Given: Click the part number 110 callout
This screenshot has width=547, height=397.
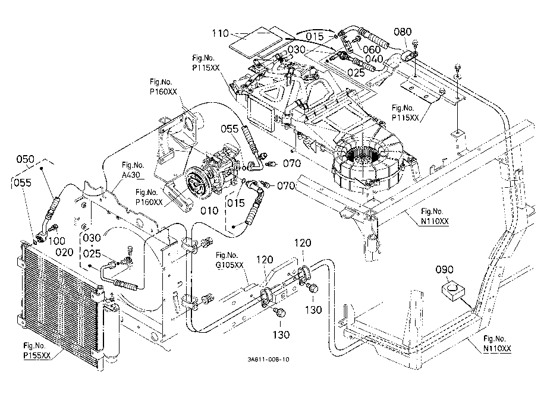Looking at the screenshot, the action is pyautogui.click(x=221, y=33).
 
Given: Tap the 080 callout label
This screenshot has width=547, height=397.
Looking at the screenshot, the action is pyautogui.click(x=403, y=31).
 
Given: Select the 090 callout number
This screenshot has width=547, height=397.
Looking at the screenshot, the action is pyautogui.click(x=445, y=269).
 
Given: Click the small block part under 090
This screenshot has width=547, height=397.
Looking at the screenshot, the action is pyautogui.click(x=454, y=290).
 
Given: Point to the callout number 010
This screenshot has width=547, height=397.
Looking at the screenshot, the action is pyautogui.click(x=209, y=210).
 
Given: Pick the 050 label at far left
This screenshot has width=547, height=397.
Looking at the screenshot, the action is pyautogui.click(x=26, y=159).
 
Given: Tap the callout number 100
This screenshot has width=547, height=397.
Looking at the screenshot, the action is pyautogui.click(x=57, y=241).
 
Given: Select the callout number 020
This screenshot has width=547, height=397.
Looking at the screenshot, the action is pyautogui.click(x=65, y=252).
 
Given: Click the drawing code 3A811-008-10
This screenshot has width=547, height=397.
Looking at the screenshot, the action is pyautogui.click(x=268, y=360).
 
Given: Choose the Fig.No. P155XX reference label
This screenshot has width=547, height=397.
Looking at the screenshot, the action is pyautogui.click(x=37, y=351).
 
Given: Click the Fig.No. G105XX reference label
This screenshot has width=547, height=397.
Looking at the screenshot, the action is pyautogui.click(x=229, y=260).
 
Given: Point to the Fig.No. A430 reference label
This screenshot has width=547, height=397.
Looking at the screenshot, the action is pyautogui.click(x=133, y=170).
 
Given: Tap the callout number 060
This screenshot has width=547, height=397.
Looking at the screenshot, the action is pyautogui.click(x=372, y=49).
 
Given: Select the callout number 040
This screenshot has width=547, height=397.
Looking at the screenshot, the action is pyautogui.click(x=375, y=59).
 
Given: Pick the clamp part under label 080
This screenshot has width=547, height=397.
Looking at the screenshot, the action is pyautogui.click(x=410, y=55).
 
